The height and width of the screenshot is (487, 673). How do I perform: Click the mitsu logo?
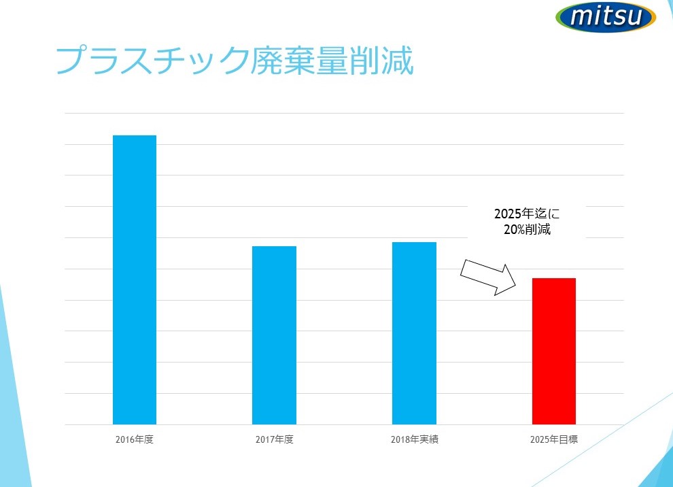coord(606,17)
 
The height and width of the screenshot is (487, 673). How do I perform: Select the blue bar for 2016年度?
coord(135,280)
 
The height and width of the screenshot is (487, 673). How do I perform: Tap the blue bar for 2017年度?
coord(274,335)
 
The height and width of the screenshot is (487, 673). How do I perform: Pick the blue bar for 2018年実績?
coord(414,333)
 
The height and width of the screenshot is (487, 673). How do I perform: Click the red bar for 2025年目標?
coord(553,351)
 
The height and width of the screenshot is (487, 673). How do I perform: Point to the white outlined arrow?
coord(488,278)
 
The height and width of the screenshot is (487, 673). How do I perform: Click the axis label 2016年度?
coord(135,439)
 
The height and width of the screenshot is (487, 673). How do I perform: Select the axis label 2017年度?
coord(274,439)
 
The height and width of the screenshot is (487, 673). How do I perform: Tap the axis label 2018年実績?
coord(414,439)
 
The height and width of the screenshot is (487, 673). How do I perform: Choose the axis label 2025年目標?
coord(553,439)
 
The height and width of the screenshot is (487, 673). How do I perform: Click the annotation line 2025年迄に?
coord(527,214)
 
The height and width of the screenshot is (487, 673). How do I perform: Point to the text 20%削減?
coord(527,229)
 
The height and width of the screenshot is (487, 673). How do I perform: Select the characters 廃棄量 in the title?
coord(299,61)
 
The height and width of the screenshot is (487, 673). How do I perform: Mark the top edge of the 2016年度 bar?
coord(135,135)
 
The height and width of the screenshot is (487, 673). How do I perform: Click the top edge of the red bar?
coord(553,278)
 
